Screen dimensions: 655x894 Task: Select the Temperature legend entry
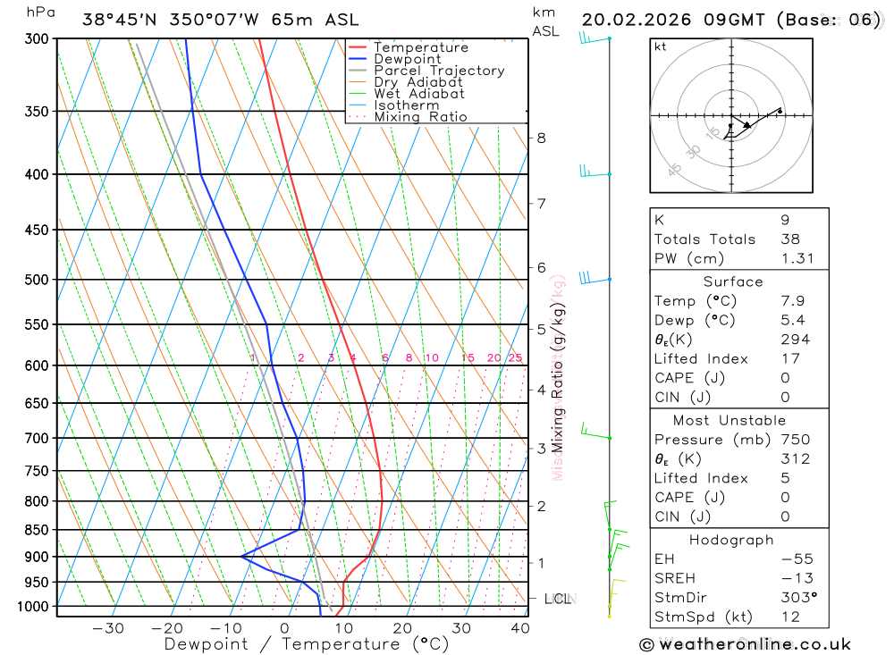(x=420, y=47)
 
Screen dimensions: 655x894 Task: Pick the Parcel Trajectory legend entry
(x=439, y=71)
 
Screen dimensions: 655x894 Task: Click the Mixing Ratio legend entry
(x=420, y=117)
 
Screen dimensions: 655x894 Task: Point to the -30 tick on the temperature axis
(x=108, y=628)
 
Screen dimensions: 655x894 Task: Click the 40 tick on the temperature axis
(x=519, y=628)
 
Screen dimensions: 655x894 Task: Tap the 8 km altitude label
(x=541, y=138)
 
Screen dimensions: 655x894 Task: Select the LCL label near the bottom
(x=557, y=599)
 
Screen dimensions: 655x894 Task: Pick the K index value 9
(x=785, y=220)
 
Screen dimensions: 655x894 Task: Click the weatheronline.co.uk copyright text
(x=745, y=644)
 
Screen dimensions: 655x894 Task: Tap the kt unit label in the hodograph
(x=661, y=47)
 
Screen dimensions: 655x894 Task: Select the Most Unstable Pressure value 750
(x=795, y=440)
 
